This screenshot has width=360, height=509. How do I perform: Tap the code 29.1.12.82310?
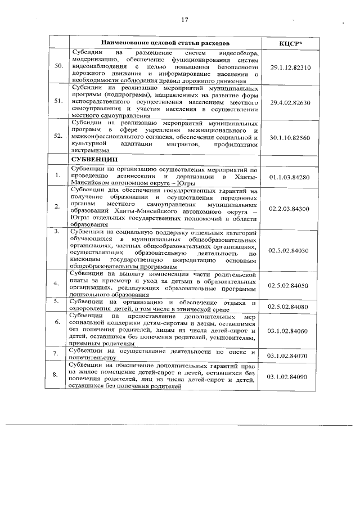[x=290, y=67]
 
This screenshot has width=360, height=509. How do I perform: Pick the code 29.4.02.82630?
[x=290, y=102]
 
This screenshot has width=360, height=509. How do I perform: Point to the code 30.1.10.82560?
[x=290, y=137]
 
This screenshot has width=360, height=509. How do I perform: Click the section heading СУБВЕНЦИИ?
[x=93, y=159]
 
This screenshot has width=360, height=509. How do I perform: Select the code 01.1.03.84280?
[x=290, y=177]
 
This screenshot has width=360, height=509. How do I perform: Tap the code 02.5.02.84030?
[x=290, y=250]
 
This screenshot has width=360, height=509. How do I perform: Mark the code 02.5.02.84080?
[x=290, y=306]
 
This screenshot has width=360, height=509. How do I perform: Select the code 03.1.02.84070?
[x=290, y=355]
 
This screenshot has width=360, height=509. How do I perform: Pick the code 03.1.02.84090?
[x=290, y=376]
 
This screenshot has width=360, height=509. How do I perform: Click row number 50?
[x=57, y=67]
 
